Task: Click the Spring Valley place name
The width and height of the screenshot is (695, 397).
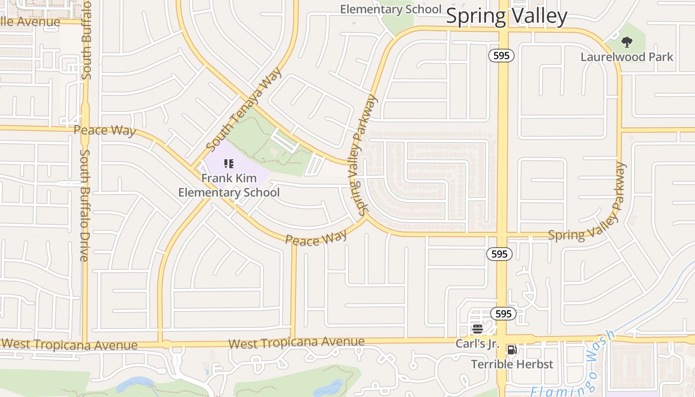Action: tap(506, 16)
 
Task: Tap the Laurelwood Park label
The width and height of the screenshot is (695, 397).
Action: tap(627, 57)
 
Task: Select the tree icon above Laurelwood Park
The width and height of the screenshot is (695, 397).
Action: tap(627, 42)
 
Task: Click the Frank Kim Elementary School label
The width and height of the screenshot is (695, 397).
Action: tap(229, 185)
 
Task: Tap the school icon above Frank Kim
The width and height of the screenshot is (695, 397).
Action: tap(229, 163)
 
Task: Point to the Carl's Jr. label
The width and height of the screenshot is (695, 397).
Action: tap(477, 343)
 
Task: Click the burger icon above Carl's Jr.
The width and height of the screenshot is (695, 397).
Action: tap(478, 329)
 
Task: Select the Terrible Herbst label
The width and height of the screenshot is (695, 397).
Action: tap(512, 364)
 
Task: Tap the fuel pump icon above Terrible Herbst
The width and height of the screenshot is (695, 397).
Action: tap(512, 350)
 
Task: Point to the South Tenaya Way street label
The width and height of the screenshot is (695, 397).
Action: tap(244, 109)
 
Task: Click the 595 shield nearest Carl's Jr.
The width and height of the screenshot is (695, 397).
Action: tap(503, 314)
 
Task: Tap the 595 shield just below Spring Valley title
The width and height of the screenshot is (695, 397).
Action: tap(501, 56)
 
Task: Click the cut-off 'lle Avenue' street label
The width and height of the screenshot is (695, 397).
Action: tap(30, 22)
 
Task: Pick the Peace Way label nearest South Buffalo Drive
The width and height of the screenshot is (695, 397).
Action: tap(105, 131)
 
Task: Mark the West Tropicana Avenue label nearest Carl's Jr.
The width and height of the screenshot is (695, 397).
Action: tap(296, 342)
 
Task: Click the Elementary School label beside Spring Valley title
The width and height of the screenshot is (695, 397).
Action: tap(390, 9)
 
